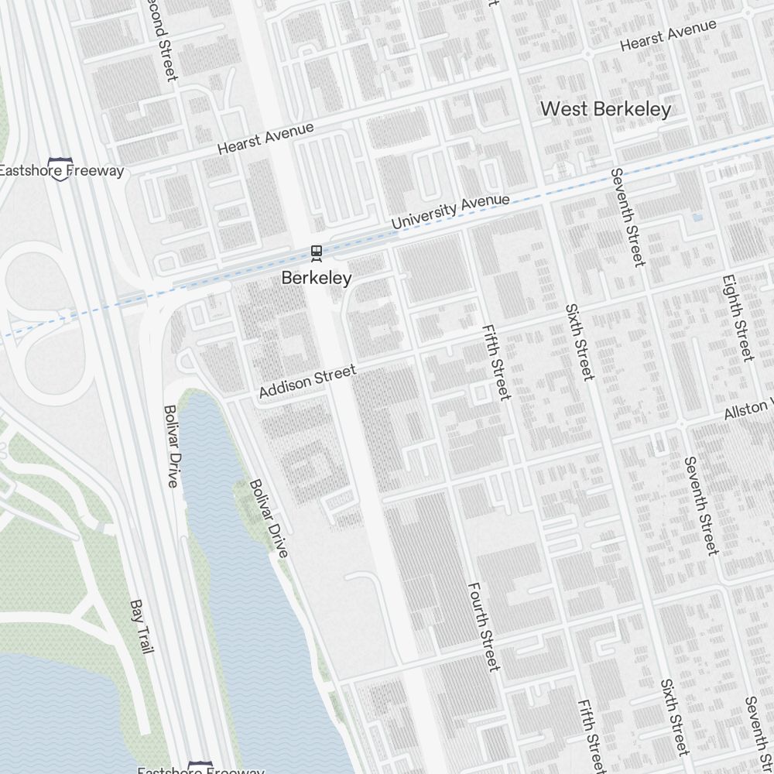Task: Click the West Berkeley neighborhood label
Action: (605, 109)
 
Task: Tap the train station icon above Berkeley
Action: (316, 252)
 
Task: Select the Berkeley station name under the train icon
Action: (316, 277)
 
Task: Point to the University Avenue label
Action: (450, 211)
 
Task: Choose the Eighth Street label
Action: (737, 317)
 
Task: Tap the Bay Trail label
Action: (142, 626)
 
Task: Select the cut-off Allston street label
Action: (748, 409)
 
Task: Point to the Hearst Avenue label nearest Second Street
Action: (265, 138)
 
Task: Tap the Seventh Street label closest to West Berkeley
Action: (626, 217)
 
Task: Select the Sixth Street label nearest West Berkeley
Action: (579, 341)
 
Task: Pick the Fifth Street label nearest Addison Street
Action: (495, 361)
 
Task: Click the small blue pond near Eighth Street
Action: (697, 218)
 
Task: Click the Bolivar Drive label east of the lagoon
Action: (269, 518)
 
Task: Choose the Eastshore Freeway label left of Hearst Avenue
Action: (60, 171)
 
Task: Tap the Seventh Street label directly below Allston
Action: (701, 505)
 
